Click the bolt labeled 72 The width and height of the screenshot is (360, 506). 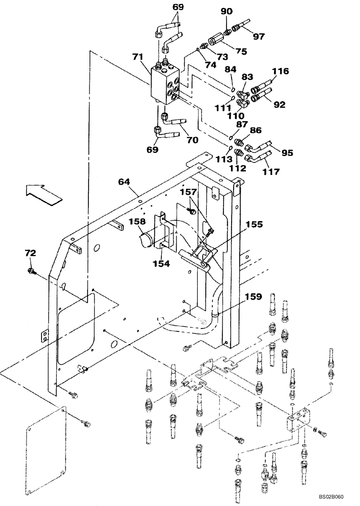click(x=32, y=273)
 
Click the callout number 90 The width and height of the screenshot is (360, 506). click(x=227, y=12)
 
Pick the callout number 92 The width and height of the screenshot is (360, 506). click(x=279, y=105)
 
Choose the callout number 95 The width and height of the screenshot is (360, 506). click(x=287, y=152)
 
